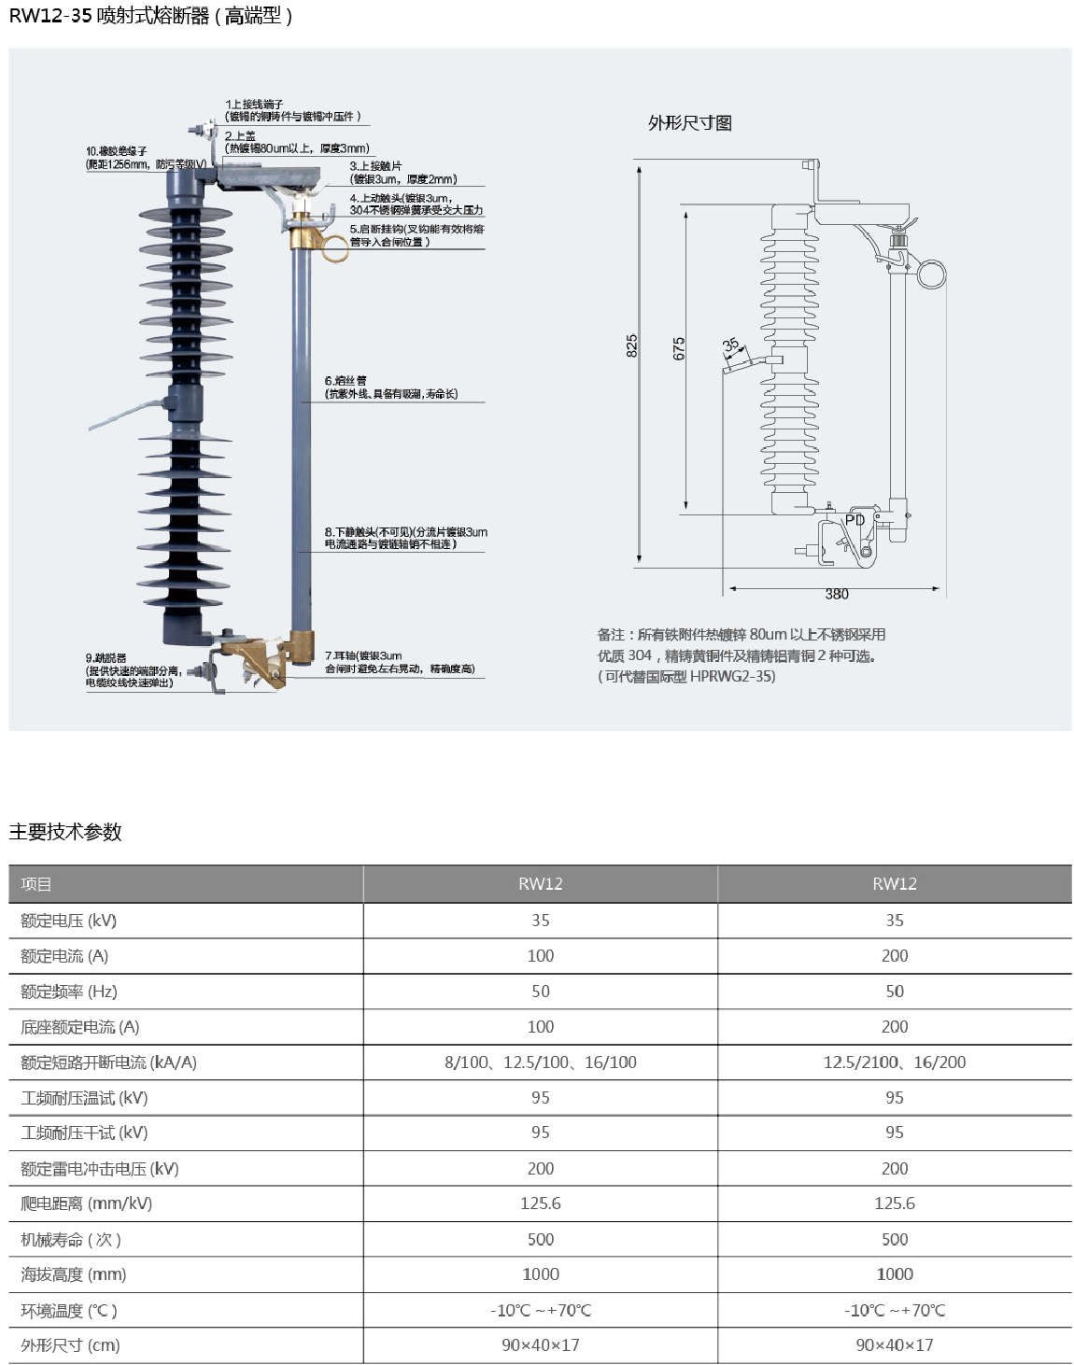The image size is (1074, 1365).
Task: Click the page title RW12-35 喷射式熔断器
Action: [149, 16]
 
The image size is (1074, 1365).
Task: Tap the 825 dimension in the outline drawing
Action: [632, 345]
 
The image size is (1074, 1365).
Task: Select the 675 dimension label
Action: [679, 348]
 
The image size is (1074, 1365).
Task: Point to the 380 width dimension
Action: [836, 594]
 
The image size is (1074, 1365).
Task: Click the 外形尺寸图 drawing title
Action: [689, 123]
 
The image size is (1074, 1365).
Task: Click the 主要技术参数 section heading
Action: [65, 832]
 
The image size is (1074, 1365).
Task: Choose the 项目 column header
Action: [36, 884]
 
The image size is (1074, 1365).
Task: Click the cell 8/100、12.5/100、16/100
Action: [540, 1062]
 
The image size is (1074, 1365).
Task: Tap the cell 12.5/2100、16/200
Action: [894, 1062]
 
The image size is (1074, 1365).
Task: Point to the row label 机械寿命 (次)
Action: [71, 1239]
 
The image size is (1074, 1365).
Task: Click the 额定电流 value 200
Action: [894, 955]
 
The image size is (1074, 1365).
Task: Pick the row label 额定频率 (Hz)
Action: [69, 991]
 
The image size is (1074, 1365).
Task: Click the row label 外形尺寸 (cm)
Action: [70, 1345]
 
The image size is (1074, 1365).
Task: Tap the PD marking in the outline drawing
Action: [855, 520]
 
